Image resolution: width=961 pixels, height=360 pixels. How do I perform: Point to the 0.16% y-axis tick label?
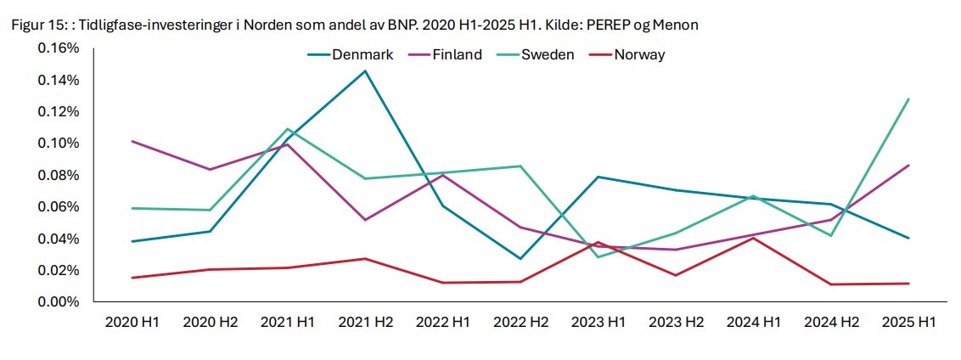[59, 48]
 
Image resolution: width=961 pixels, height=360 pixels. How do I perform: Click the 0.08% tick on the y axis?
[59, 175]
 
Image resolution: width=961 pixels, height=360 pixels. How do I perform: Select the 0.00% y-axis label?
[59, 301]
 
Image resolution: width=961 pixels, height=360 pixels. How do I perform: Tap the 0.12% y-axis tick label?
[59, 112]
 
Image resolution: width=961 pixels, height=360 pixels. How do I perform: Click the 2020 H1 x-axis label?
[132, 323]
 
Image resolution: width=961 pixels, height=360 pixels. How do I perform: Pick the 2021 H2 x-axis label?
[366, 323]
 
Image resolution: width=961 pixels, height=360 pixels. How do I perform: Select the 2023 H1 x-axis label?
[599, 323]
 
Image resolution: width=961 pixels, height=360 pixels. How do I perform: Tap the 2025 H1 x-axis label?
[909, 323]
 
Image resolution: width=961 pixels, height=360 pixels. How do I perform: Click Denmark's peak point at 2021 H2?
[366, 70]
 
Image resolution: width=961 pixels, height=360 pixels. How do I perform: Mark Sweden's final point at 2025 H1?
[909, 98]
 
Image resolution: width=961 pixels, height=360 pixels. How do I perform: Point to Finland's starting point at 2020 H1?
[132, 141]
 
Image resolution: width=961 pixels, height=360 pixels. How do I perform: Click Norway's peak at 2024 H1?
[754, 238]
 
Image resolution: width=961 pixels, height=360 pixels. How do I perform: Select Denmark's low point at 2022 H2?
[521, 258]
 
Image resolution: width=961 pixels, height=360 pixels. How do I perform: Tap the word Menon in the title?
[677, 25]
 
